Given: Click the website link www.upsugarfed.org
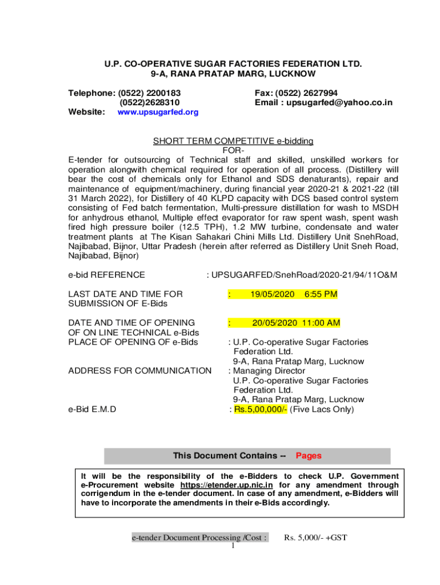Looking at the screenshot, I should click(x=158, y=113).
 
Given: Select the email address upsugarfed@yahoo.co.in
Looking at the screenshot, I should click(x=339, y=102).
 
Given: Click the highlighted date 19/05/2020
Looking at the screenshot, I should click(x=273, y=294).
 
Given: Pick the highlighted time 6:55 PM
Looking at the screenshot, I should click(x=321, y=294).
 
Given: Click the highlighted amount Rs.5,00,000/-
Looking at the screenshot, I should click(x=261, y=410).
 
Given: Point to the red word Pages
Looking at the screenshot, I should click(x=309, y=456).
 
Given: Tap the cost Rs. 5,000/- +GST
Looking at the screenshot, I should click(x=316, y=538).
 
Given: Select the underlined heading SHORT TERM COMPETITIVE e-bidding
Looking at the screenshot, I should click(x=233, y=141).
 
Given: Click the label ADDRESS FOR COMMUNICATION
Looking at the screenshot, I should click(x=140, y=371).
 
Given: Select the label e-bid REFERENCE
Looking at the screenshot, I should click(x=106, y=275).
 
